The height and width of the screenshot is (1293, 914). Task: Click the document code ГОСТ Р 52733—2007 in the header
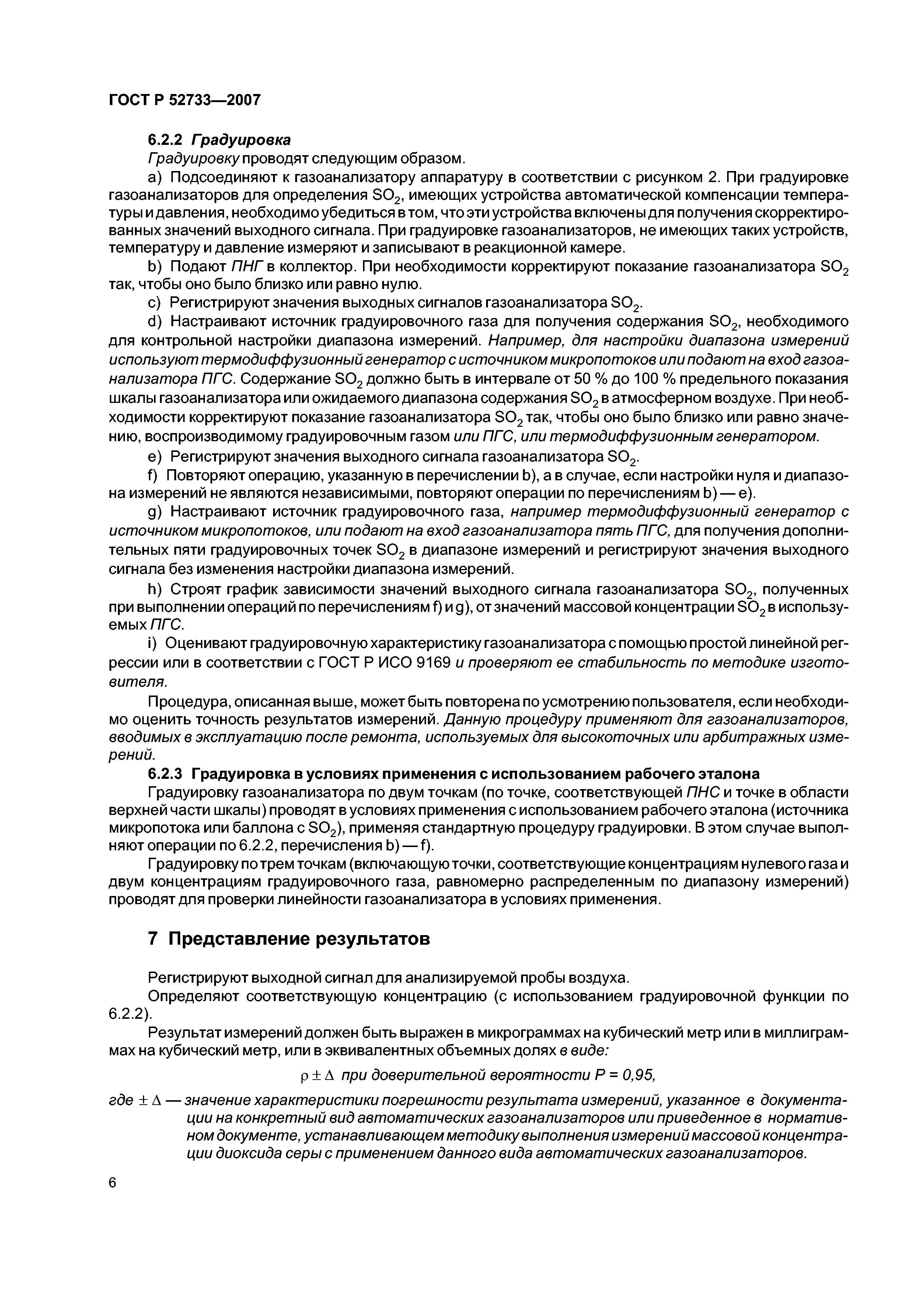coord(184,100)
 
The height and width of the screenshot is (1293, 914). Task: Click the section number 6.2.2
coord(166,140)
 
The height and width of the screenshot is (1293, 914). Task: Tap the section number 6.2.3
coord(166,773)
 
